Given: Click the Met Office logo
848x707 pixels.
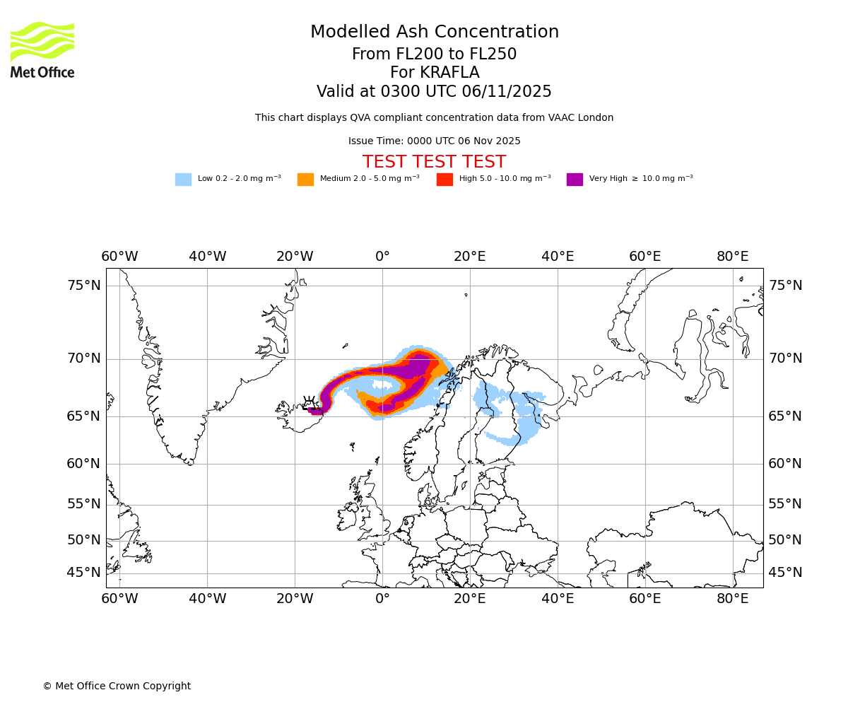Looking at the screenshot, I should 42,49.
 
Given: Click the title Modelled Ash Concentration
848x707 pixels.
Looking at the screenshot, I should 434,33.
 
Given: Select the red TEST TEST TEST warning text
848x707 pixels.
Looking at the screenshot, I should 434,163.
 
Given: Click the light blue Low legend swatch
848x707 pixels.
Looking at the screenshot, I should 183,180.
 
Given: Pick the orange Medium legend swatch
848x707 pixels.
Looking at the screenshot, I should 305,180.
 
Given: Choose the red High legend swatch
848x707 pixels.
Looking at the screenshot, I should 444,180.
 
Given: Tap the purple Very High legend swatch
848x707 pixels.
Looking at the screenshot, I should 575,180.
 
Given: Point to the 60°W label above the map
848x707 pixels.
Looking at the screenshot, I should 119,257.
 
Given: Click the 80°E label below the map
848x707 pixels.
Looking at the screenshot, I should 733,600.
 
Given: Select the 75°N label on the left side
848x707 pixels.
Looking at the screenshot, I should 84,286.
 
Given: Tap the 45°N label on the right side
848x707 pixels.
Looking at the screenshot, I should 785,573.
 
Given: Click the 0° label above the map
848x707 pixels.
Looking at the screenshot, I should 382,257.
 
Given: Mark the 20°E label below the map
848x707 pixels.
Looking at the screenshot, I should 470,600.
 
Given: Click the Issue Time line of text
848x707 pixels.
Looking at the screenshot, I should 434,141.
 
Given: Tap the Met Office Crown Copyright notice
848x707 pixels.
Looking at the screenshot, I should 117,686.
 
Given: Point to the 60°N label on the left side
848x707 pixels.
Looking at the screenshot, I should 84,464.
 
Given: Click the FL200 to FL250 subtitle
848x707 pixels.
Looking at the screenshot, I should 434,54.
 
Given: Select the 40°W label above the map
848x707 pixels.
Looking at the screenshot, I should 207,257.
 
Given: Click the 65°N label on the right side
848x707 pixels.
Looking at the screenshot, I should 785,416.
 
